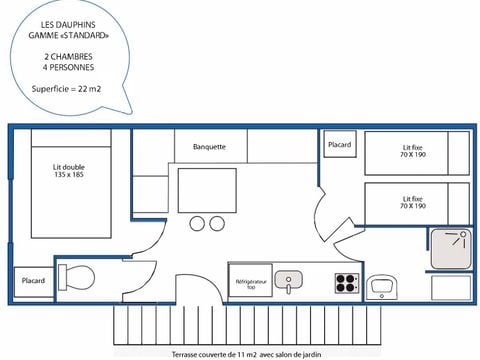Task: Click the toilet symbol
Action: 77,276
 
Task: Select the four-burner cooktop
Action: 346,281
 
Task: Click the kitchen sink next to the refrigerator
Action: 289,280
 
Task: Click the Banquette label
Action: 208,147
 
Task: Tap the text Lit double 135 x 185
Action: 69,171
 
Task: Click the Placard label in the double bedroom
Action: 33,281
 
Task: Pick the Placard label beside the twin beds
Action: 339,145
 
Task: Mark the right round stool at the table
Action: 216,222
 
